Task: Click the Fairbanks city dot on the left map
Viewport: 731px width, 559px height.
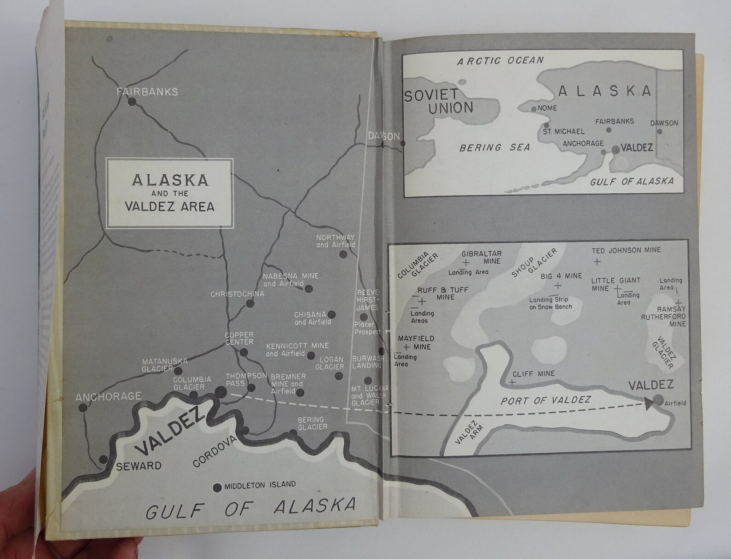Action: [133, 102]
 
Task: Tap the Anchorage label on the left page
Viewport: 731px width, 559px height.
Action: [109, 396]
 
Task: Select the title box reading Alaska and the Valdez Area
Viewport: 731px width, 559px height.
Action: [170, 193]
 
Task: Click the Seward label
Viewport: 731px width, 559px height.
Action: [139, 466]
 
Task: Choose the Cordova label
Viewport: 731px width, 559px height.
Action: [214, 451]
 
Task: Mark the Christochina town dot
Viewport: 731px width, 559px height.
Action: [250, 304]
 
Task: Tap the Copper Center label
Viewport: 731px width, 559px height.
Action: [239, 338]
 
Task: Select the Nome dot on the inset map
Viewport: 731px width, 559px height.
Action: [534, 109]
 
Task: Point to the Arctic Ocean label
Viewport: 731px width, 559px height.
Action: [500, 61]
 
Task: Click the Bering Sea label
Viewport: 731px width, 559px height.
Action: [494, 148]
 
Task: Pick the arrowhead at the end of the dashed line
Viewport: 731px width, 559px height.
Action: [650, 403]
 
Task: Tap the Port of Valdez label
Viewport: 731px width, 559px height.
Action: [545, 400]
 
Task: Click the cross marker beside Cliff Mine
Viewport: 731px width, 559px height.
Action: [512, 382]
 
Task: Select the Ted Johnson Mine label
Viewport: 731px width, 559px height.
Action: [626, 250]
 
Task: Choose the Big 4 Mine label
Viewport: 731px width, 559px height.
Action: [561, 276]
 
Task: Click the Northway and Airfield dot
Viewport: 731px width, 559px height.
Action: [343, 254]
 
